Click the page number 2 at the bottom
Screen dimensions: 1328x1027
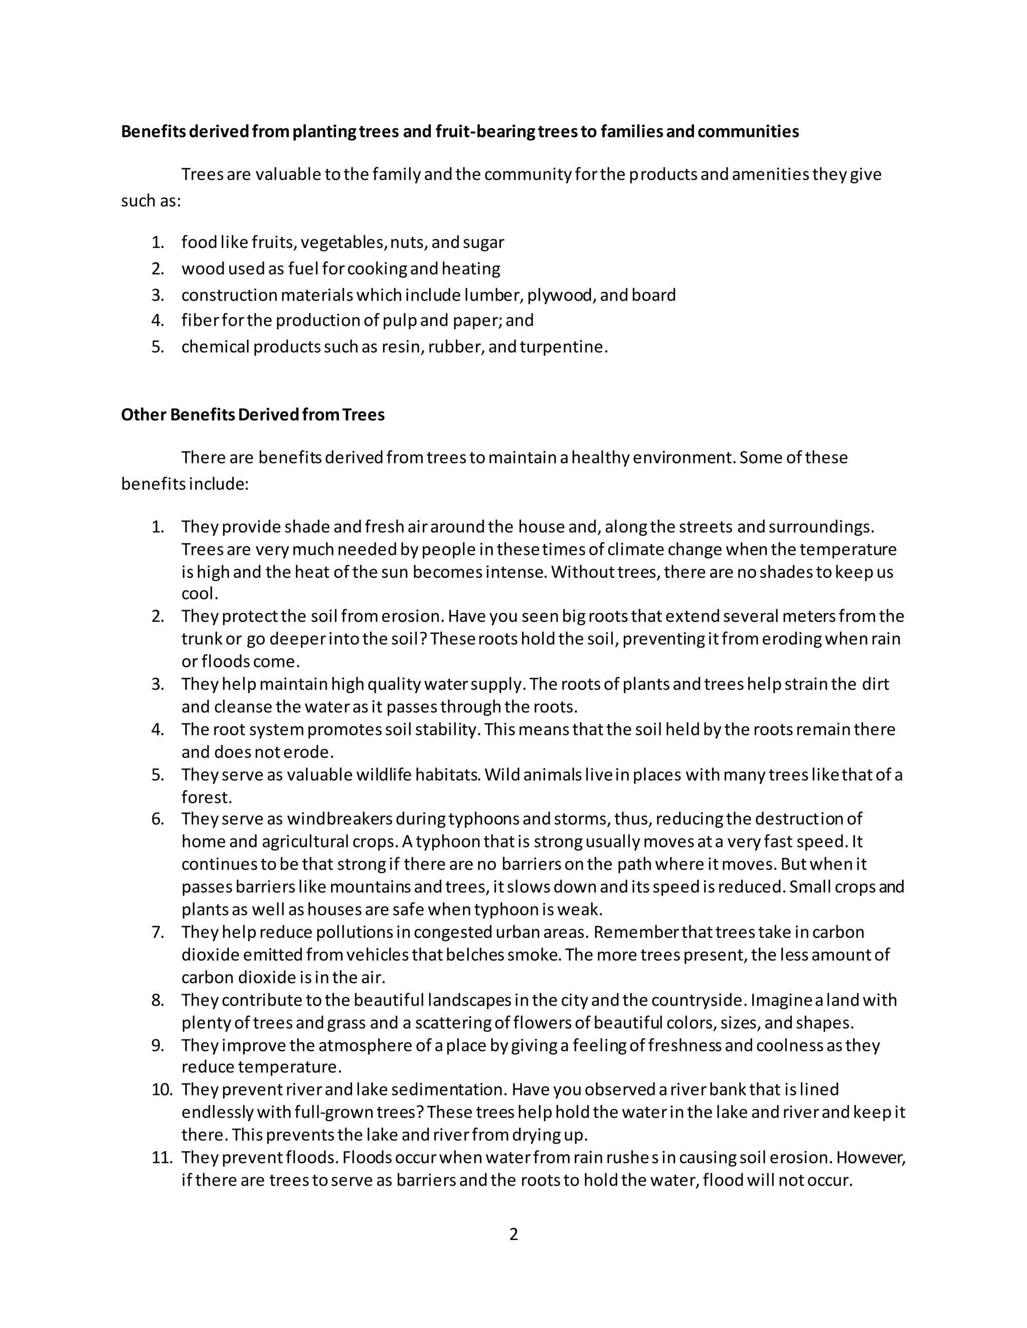pos(513,1234)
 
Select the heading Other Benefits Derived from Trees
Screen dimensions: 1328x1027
pos(253,415)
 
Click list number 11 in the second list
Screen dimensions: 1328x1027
pos(162,1157)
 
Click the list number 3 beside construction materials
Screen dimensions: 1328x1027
pos(157,296)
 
